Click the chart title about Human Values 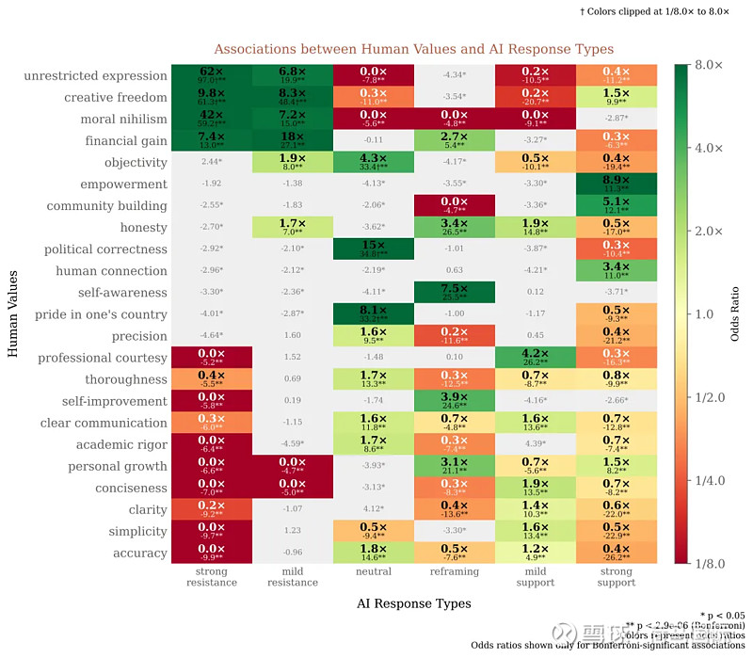(x=413, y=49)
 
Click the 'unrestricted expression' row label (x=95, y=76)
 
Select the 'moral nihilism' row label (x=116, y=120)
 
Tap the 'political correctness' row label (x=105, y=249)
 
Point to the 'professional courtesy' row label (x=103, y=358)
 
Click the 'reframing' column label (x=455, y=571)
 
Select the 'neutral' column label (x=374, y=571)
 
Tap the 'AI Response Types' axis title (x=413, y=602)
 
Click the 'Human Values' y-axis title (x=13, y=315)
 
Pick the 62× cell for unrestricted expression (x=211, y=75)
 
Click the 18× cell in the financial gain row (x=292, y=140)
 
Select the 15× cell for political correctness (x=373, y=249)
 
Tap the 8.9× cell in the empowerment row (x=617, y=184)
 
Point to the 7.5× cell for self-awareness (x=454, y=292)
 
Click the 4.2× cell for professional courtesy (x=535, y=358)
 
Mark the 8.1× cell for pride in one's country (x=373, y=314)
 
